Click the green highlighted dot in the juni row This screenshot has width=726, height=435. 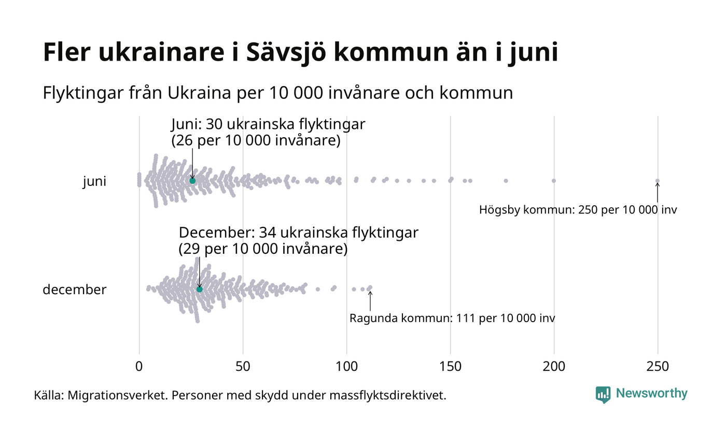[192, 181]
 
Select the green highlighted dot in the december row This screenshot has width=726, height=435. [199, 289]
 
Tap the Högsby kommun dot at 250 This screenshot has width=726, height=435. [657, 181]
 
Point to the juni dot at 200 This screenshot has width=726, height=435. [554, 181]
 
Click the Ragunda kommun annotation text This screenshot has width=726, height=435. [452, 318]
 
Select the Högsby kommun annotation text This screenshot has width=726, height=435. [578, 210]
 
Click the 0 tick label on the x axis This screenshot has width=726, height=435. [139, 367]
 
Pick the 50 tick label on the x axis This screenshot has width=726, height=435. [243, 367]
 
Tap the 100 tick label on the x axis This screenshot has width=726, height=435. [346, 367]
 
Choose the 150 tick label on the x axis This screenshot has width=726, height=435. [450, 367]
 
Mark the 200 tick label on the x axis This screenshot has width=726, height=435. [554, 367]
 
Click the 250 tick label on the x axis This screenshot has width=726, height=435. [658, 367]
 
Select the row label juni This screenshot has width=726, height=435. [94, 182]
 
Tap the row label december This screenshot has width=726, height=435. [74, 289]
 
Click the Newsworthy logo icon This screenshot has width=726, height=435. [603, 395]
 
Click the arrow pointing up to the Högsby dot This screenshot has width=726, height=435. [657, 193]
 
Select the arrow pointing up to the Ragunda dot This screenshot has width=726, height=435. [370, 301]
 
